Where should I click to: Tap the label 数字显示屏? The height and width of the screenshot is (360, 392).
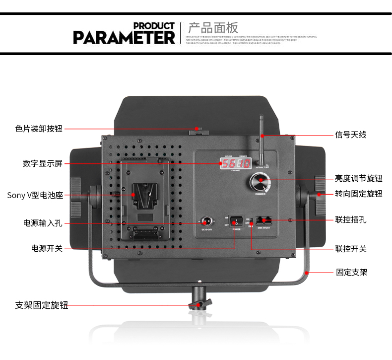click(x=42, y=163)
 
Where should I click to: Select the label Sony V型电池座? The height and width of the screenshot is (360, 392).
click(x=35, y=195)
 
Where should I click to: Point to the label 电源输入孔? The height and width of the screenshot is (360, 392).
click(x=42, y=223)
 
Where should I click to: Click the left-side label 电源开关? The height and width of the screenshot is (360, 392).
click(x=47, y=248)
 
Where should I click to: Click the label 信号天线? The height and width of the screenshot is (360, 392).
click(x=350, y=135)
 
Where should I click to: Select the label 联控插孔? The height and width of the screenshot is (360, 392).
click(x=350, y=219)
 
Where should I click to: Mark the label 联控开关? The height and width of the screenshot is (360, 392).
click(x=350, y=249)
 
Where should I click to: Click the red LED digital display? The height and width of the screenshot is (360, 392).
click(x=236, y=163)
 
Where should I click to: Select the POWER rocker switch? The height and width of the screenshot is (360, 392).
click(x=235, y=220)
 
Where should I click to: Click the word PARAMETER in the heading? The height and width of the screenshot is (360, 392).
click(x=124, y=37)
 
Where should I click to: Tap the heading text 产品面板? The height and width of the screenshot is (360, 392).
click(x=213, y=27)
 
